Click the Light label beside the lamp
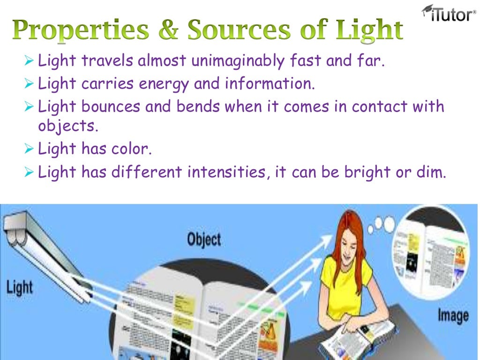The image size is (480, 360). click(x=20, y=287)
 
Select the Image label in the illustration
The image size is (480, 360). click(x=452, y=315)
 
